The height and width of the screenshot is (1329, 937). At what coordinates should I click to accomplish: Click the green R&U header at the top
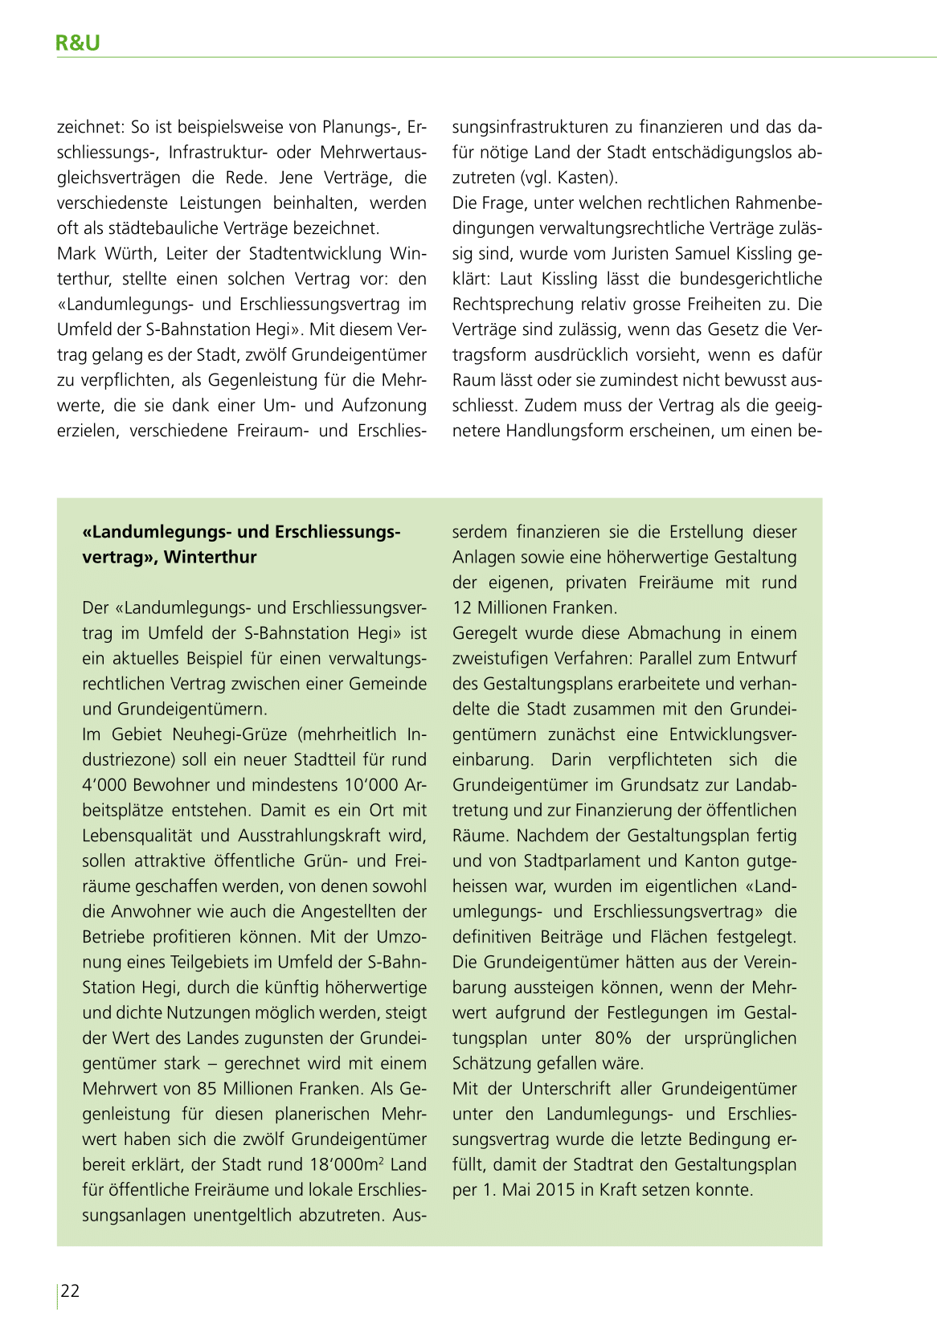(78, 43)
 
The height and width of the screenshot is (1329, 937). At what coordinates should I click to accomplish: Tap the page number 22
(71, 1291)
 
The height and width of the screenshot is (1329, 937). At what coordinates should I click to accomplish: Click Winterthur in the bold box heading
(210, 557)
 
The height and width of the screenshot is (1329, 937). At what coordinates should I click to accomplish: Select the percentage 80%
(615, 1038)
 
